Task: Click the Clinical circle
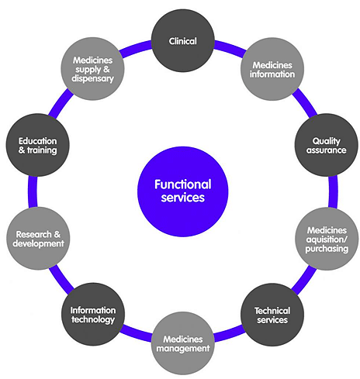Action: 183,40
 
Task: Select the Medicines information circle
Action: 272,69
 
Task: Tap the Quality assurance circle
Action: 327,145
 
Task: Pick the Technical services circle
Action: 272,315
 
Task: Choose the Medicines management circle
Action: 183,343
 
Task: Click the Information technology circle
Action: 93,314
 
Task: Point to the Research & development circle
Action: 38,239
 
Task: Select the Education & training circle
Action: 38,145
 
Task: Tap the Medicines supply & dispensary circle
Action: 92,69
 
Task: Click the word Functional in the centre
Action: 183,184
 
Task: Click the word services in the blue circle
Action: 183,198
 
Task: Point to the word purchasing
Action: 327,249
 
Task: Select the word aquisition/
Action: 327,239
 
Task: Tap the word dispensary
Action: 92,78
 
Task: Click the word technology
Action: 93,320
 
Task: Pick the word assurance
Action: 327,150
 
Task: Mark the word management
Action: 183,349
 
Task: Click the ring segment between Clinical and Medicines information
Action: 230,47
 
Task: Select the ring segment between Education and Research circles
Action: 33,191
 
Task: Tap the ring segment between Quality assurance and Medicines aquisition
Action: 333,191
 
